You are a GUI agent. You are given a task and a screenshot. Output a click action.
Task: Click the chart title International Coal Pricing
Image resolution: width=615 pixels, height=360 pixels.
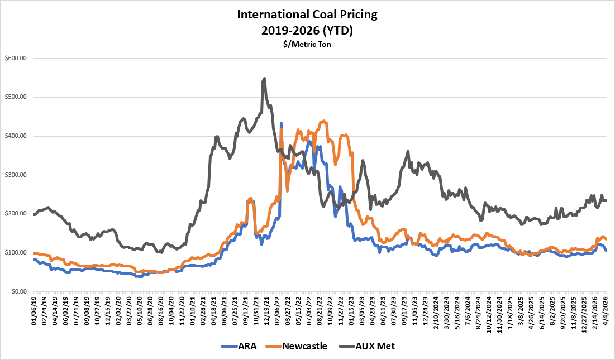(x=307, y=15)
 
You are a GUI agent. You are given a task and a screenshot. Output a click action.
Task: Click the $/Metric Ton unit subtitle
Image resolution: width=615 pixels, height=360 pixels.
(x=307, y=45)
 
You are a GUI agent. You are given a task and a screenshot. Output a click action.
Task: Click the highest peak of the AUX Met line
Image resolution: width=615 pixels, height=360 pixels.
(x=264, y=79)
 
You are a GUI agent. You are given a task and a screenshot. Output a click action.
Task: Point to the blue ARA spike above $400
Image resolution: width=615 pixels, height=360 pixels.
(x=281, y=123)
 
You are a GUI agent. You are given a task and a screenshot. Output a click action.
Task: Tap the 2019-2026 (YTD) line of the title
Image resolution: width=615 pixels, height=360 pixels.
(x=307, y=30)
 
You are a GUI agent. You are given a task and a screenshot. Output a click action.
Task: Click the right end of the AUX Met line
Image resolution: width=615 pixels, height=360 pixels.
(x=607, y=200)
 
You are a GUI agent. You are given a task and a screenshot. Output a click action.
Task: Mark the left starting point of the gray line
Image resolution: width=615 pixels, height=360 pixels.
(x=34, y=214)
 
